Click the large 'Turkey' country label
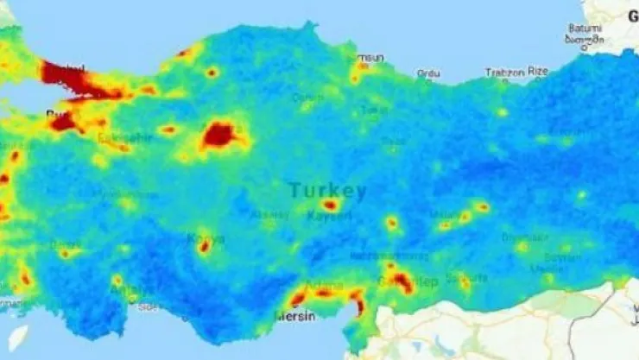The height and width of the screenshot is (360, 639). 327,191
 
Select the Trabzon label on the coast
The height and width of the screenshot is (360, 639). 504,73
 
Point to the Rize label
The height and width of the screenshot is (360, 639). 537,72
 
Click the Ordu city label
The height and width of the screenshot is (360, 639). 427,73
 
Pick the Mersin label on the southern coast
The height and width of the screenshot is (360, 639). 294,316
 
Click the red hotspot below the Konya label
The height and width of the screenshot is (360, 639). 205,247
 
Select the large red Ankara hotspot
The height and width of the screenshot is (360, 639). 218,135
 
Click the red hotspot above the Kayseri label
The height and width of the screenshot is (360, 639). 330,205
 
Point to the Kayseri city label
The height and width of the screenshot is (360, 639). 329,216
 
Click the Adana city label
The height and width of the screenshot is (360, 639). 325,284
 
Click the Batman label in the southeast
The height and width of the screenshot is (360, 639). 561,257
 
